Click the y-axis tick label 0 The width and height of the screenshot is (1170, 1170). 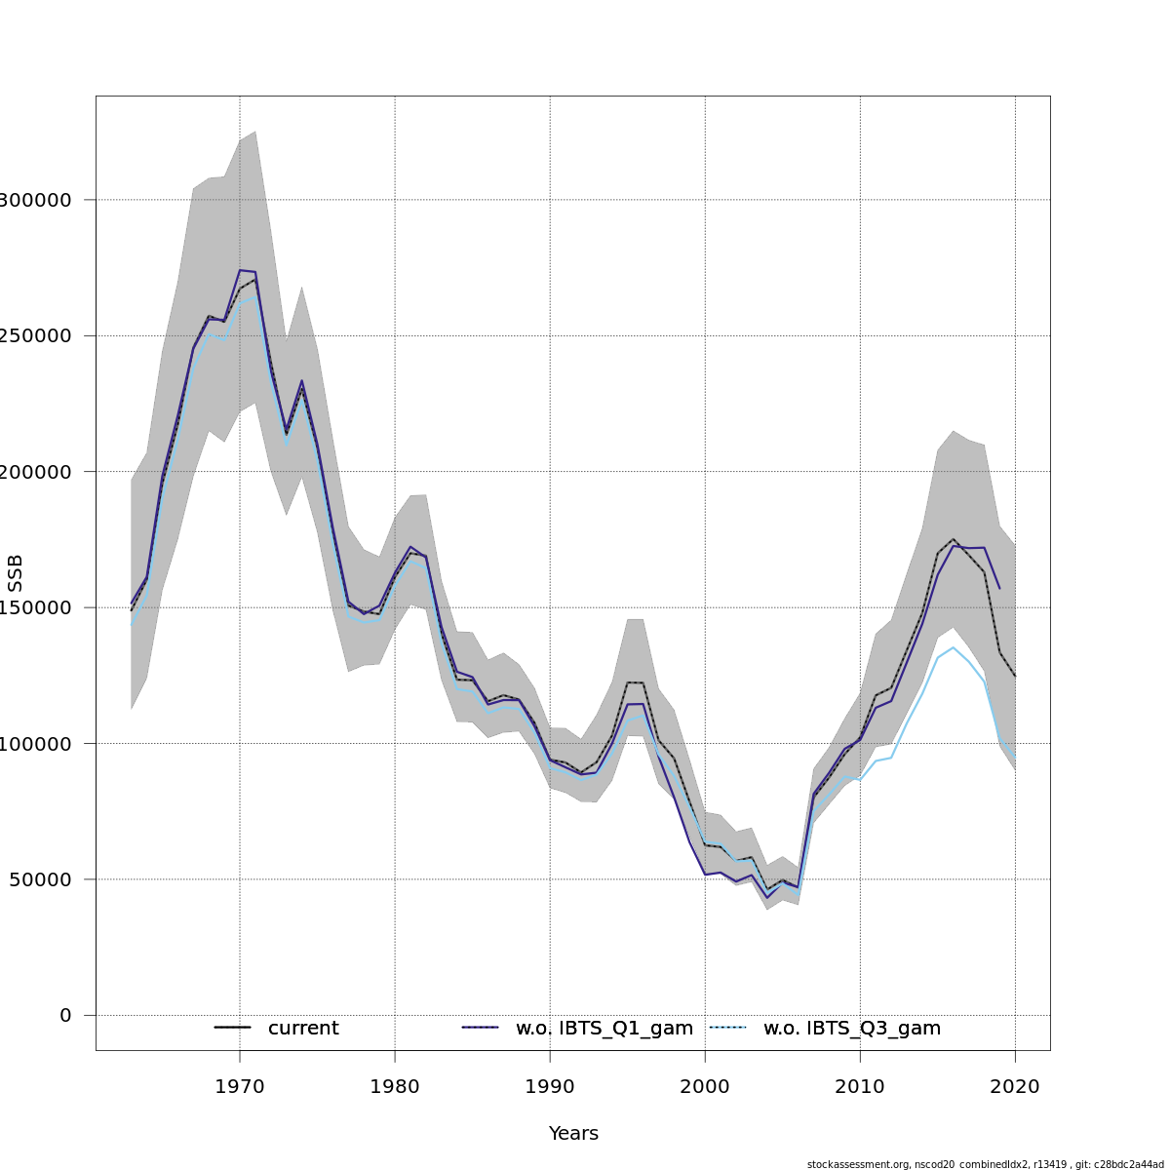[x=65, y=1015]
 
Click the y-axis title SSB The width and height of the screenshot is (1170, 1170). [x=16, y=573]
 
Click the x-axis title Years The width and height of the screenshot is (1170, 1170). [x=573, y=1134]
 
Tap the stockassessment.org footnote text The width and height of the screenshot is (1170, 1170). [x=985, y=1164]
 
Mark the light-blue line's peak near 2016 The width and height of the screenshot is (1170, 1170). [x=954, y=647]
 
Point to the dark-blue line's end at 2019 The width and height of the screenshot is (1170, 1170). [x=999, y=588]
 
